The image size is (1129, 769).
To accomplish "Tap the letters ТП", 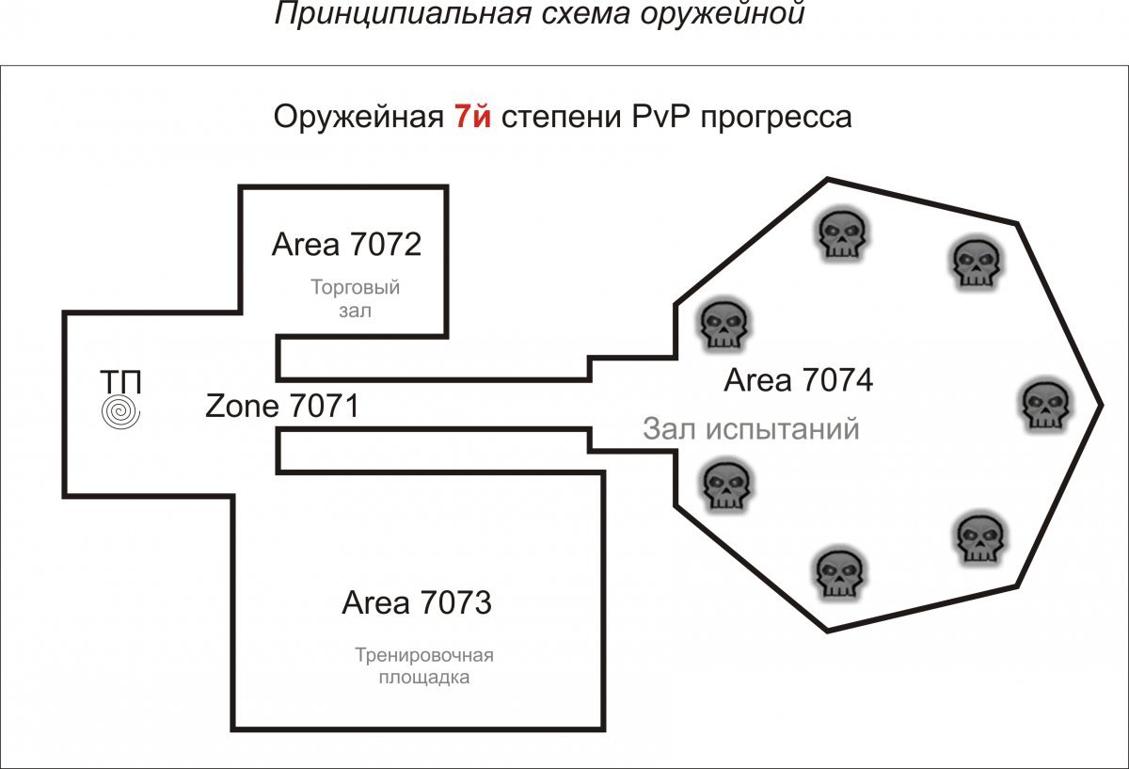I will [x=121, y=382].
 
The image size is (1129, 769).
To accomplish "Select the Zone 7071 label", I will [x=282, y=407].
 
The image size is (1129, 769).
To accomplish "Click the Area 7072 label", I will [x=346, y=245].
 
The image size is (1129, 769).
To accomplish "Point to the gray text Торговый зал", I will [x=355, y=298].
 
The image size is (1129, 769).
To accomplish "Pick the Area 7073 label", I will [x=417, y=602].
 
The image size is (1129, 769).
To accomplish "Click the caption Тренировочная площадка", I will [x=424, y=665].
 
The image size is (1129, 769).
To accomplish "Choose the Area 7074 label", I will [x=799, y=380].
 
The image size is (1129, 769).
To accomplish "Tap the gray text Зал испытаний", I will [x=752, y=428].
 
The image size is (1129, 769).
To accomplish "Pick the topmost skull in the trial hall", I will [x=839, y=234].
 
